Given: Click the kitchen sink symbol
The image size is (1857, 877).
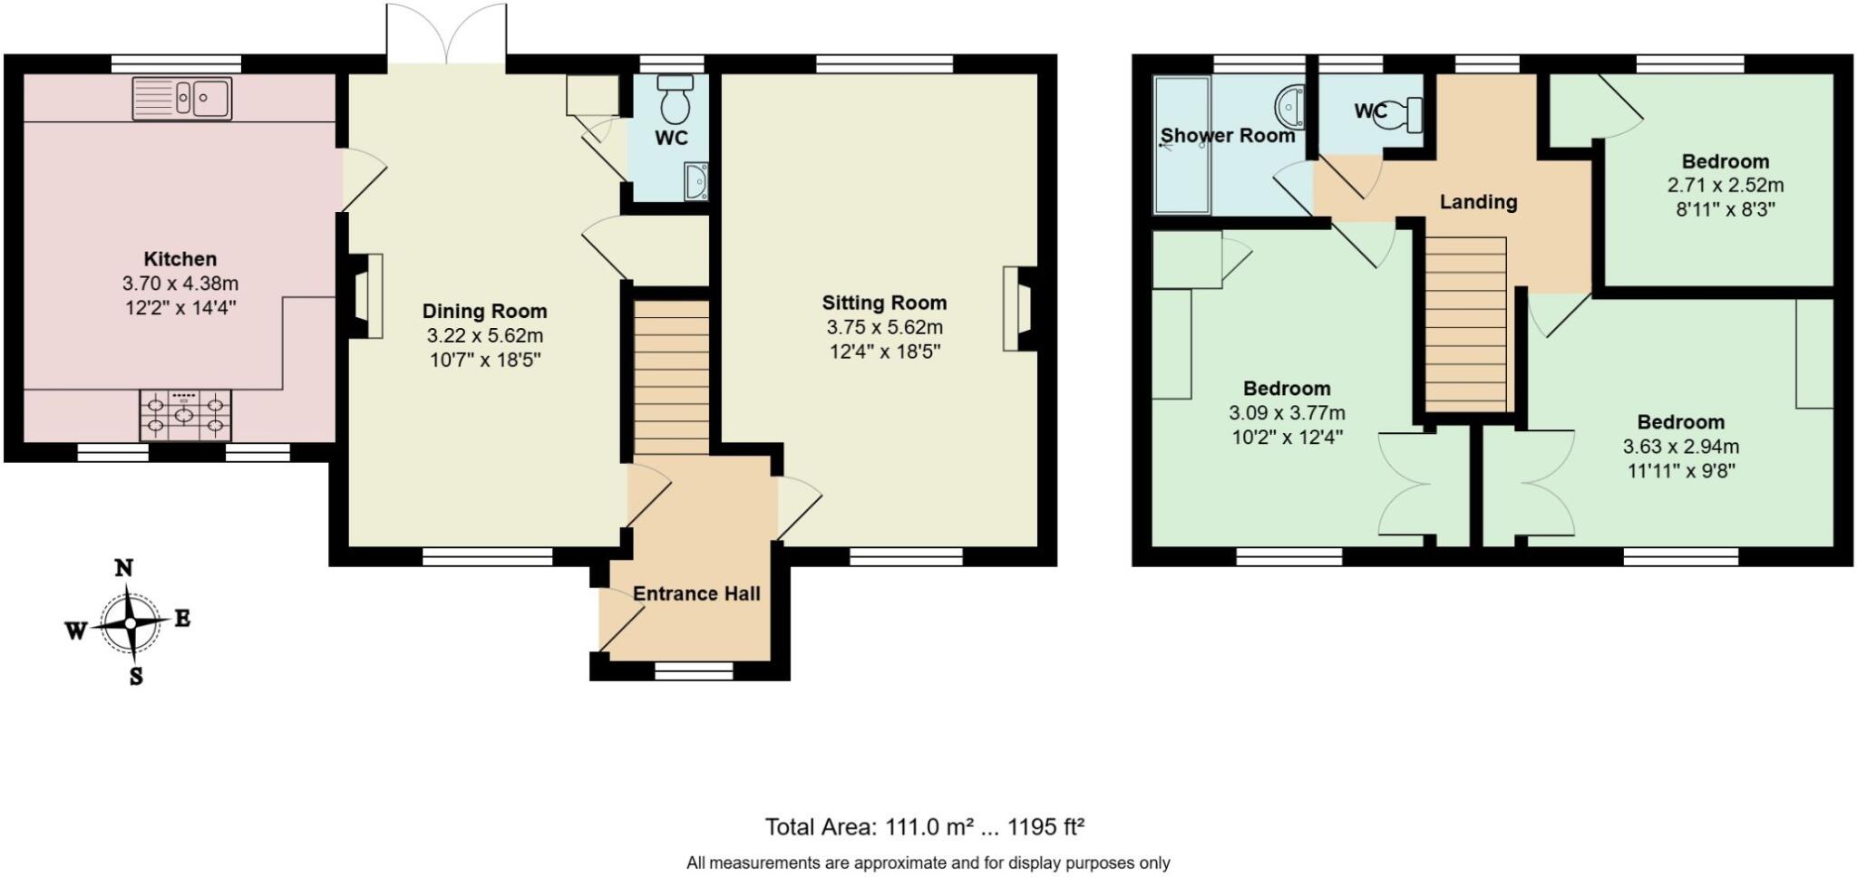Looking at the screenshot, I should (x=182, y=98).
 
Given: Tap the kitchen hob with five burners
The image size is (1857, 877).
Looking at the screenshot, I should (x=185, y=415).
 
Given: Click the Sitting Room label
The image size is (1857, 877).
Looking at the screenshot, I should (x=884, y=303).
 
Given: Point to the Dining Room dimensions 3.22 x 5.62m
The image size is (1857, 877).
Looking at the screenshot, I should (x=484, y=335).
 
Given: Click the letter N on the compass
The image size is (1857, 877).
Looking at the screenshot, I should (x=124, y=568).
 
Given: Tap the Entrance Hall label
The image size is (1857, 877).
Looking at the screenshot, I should (x=695, y=593).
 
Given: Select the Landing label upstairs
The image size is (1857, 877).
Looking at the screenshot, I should (x=1478, y=201).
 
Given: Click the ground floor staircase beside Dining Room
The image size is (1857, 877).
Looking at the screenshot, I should (x=671, y=376).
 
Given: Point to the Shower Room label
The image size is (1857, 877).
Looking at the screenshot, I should (x=1227, y=136).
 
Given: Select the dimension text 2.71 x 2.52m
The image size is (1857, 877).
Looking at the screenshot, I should (x=1725, y=185).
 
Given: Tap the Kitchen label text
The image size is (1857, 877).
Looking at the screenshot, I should (x=180, y=259).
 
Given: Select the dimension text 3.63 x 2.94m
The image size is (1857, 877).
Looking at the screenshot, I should (x=1680, y=446).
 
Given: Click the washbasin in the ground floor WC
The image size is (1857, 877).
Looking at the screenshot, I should (x=696, y=181).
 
